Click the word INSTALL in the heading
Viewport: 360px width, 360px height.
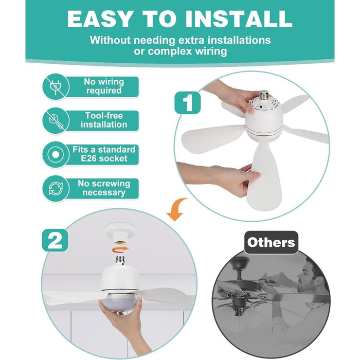click(239, 19)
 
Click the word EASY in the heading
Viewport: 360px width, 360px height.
click(101, 19)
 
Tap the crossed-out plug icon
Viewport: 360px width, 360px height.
click(56, 87)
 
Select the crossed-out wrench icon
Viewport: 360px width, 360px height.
click(56, 120)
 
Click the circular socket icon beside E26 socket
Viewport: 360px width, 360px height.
click(56, 154)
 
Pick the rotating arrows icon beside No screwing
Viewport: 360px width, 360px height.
click(56, 189)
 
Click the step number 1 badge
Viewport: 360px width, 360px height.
click(188, 103)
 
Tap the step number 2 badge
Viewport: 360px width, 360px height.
click(55, 240)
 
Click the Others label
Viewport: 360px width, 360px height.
click(271, 242)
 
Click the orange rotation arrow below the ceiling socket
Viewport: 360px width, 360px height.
click(120, 249)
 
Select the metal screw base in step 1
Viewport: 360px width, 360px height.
click(264, 95)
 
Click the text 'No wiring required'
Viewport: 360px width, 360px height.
click(104, 86)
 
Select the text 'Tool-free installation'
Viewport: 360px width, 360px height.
click(104, 120)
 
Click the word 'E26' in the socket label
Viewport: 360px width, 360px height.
click(88, 158)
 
